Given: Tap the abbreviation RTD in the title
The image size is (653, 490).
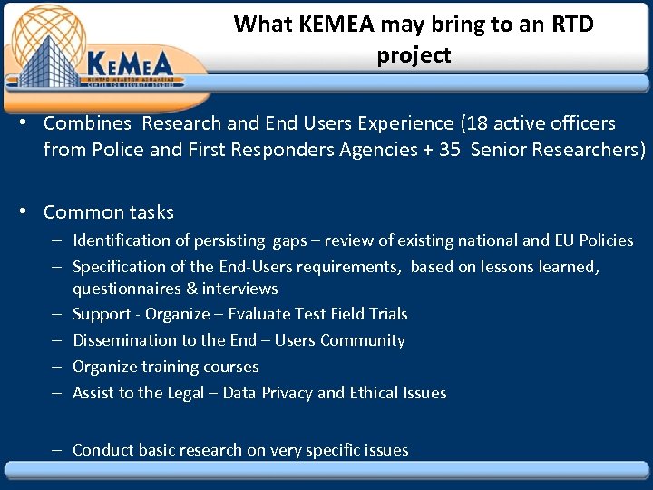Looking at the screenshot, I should tap(569, 24).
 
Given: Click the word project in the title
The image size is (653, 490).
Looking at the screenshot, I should tap(414, 55).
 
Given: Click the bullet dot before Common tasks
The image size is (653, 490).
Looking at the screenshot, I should tap(30, 212).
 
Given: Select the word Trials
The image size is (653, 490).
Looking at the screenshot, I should tap(388, 314).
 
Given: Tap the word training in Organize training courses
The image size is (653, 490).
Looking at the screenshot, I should tap(165, 367).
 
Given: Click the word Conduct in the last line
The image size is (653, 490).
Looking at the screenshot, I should tap(102, 450).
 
